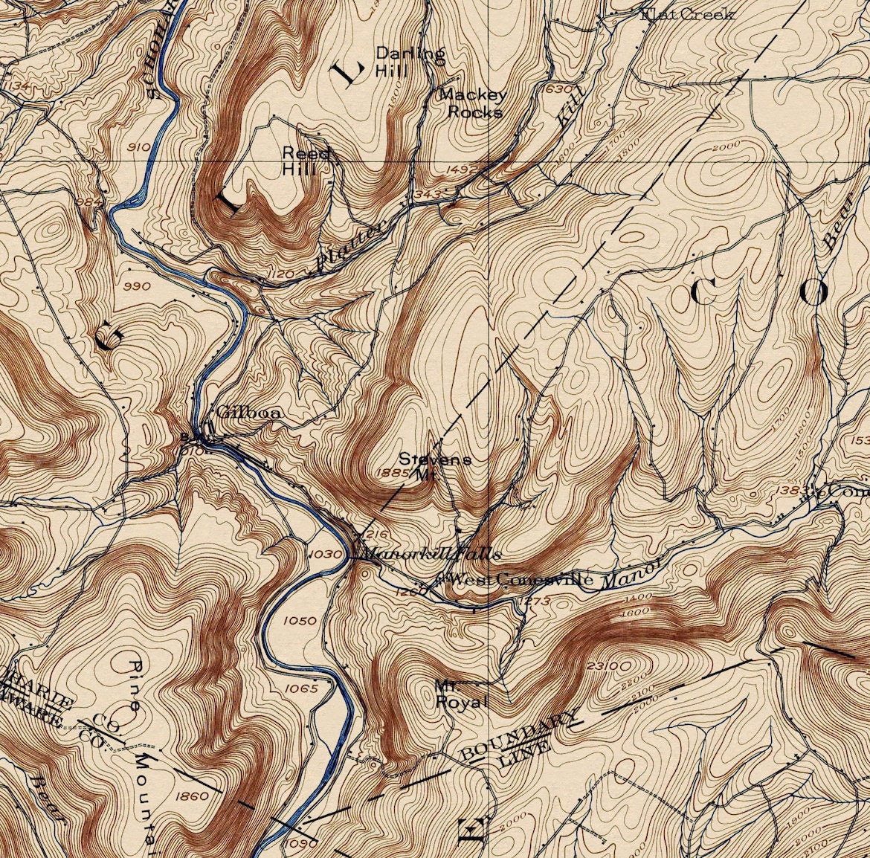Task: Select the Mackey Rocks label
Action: point(473,103)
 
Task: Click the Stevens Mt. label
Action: point(434,466)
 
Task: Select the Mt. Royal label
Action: point(461,694)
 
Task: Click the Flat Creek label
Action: point(688,14)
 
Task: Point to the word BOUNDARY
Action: point(519,735)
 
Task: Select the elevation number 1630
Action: point(558,88)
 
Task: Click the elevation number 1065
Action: point(302,688)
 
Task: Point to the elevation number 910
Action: point(138,146)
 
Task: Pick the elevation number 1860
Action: point(193,796)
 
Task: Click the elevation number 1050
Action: point(299,620)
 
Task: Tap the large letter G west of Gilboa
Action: point(108,338)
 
